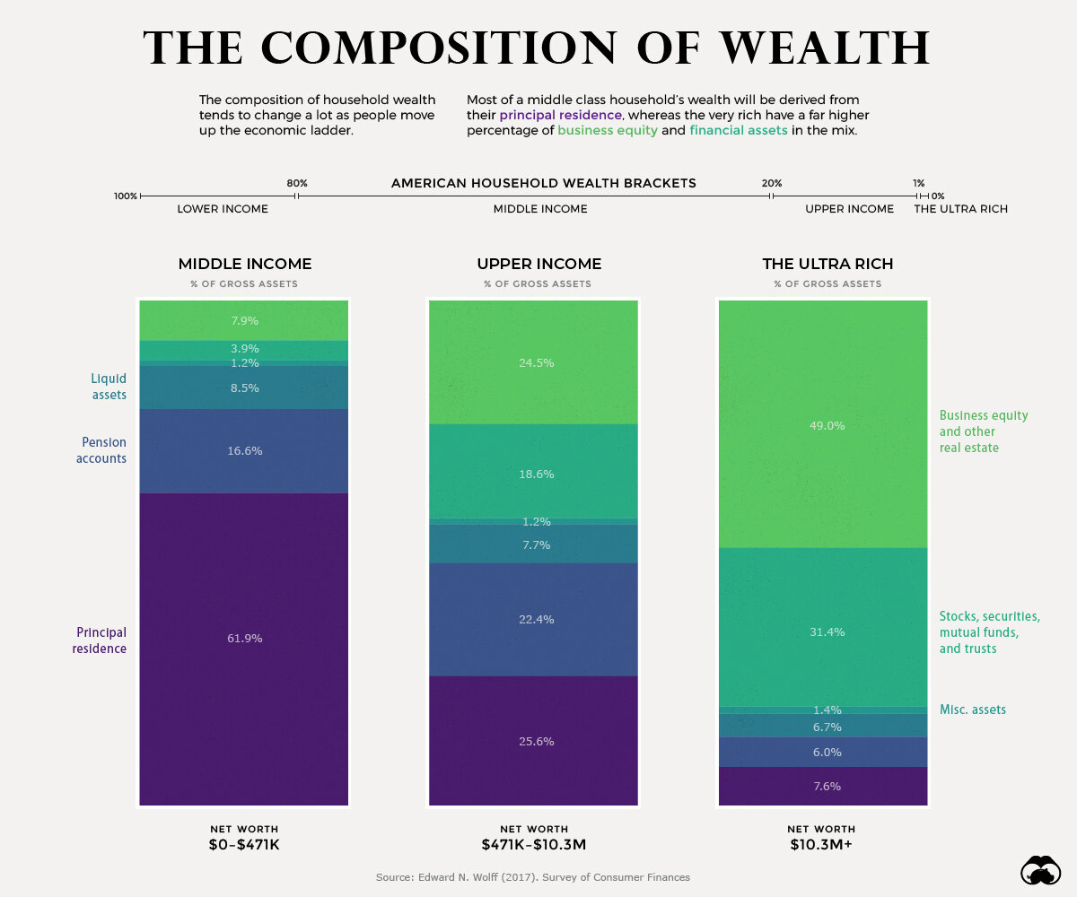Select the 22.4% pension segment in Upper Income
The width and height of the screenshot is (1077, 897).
[533, 619]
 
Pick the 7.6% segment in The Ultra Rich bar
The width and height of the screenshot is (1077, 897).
[823, 786]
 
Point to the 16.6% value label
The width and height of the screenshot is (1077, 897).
[244, 451]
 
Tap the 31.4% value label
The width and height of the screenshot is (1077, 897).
[827, 632]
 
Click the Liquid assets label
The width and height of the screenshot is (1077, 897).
[109, 387]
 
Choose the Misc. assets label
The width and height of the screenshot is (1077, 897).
[972, 710]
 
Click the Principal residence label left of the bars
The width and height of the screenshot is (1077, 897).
[100, 640]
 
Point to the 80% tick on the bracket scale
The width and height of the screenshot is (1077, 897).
[297, 195]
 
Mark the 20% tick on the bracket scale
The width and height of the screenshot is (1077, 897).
[772, 195]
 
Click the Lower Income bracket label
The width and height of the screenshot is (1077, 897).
[222, 209]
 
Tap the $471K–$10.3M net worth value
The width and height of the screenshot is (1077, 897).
[533, 845]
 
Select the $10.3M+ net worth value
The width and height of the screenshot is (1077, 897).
[821, 845]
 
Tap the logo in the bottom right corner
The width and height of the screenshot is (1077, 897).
[1042, 870]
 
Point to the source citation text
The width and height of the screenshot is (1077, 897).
[533, 877]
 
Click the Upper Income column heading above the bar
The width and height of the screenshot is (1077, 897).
[538, 264]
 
